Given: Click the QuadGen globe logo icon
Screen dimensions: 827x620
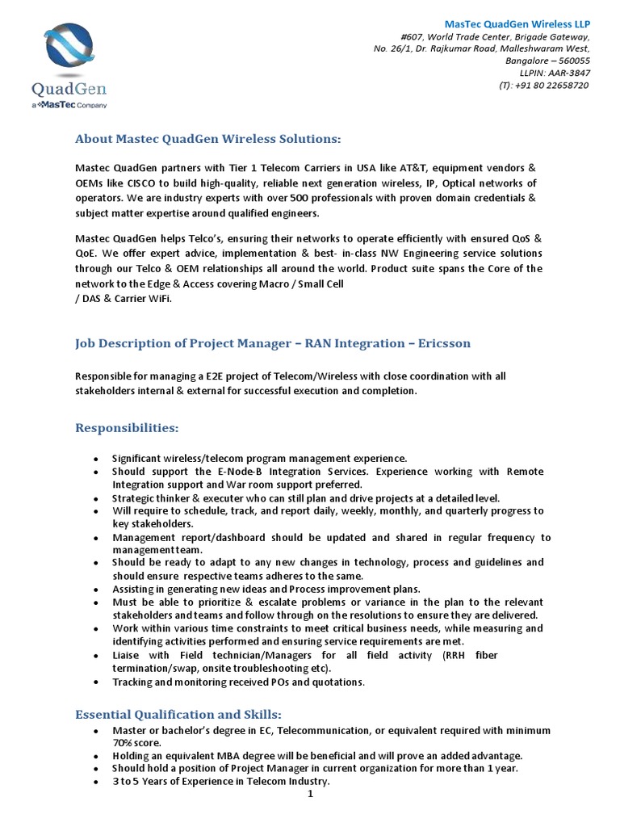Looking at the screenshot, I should pos(69,48).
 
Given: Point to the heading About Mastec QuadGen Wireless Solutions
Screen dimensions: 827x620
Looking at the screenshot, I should pos(208,140).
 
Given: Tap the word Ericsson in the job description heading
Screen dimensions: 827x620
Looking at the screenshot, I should pos(443,343).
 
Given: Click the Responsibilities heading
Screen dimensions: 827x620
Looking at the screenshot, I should pos(127,426).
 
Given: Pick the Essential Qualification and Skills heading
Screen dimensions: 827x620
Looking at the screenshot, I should pos(178,714).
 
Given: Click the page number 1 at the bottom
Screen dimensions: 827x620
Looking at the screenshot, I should pos(310,794).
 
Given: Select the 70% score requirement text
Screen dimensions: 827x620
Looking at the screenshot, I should pos(136,742).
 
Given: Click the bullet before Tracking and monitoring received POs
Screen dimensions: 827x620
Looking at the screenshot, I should pos(96,682).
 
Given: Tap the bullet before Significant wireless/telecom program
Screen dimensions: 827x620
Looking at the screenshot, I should pos(96,458).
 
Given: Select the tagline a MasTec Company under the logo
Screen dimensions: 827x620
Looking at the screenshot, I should pos(69,105).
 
